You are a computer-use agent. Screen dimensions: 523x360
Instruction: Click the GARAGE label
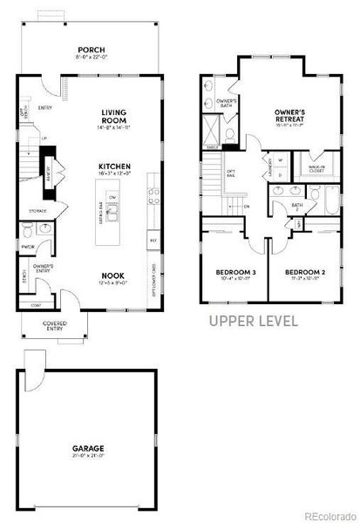tap(89, 451)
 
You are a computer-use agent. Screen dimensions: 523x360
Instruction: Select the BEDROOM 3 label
tap(235, 273)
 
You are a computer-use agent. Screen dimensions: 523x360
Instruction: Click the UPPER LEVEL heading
tap(254, 321)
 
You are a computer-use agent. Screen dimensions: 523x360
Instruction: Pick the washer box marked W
tap(268, 160)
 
